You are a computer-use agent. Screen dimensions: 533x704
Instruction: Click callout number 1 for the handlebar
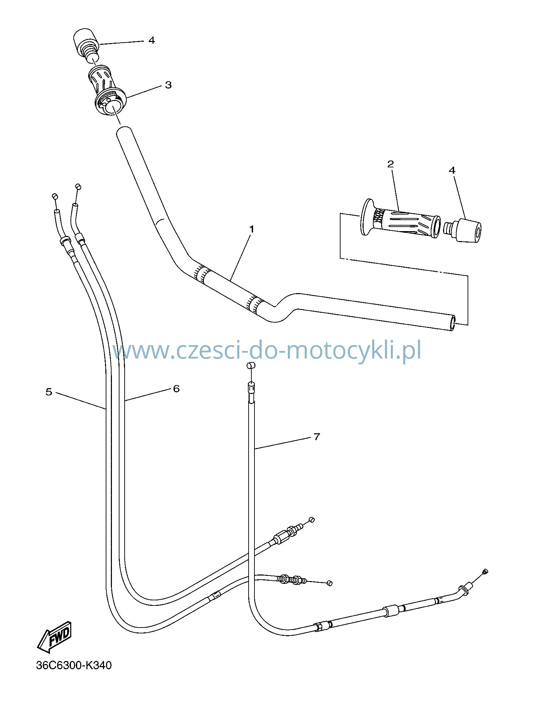[252, 229]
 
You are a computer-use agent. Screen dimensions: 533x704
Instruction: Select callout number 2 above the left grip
[390, 164]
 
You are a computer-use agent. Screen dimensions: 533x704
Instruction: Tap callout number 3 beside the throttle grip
[168, 85]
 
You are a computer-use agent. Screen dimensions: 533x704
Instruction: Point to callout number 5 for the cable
[49, 392]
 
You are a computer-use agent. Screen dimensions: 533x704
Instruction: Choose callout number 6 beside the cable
[176, 389]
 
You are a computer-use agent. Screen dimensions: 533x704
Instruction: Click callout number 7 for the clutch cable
[317, 437]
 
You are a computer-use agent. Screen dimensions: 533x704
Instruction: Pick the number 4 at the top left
[151, 40]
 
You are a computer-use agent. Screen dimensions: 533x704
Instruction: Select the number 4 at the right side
[452, 170]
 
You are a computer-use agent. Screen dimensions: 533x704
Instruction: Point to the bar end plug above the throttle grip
[85, 45]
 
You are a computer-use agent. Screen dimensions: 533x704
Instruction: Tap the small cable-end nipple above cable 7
[251, 366]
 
